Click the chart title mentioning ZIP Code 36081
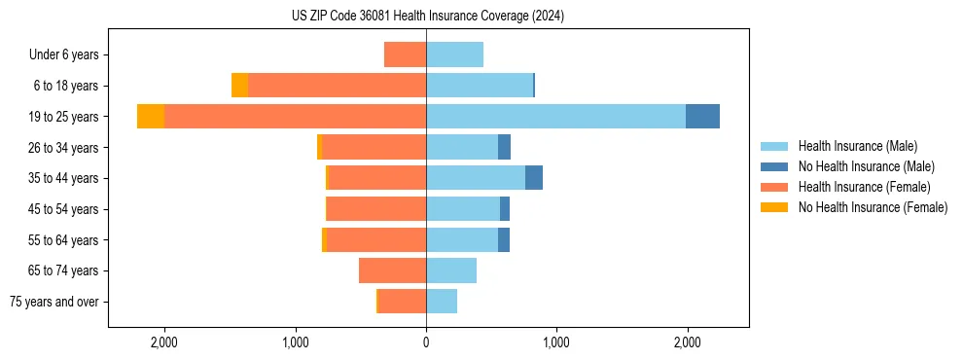pyautogui.click(x=427, y=17)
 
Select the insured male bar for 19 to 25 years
pyautogui.click(x=555, y=117)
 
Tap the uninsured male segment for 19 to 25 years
pyautogui.click(x=702, y=117)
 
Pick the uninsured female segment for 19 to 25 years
pyautogui.click(x=151, y=117)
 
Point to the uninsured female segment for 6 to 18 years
pyautogui.click(x=239, y=86)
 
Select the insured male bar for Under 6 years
pyautogui.click(x=454, y=54)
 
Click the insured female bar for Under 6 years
pyautogui.click(x=405, y=54)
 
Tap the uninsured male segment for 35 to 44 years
pyautogui.click(x=534, y=178)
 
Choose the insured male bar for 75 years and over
pyautogui.click(x=442, y=302)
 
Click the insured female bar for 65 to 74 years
pyautogui.click(x=392, y=270)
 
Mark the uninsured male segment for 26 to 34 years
pyautogui.click(x=504, y=147)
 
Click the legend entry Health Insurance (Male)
pyautogui.click(x=857, y=146)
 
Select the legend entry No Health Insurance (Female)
pyautogui.click(x=873, y=207)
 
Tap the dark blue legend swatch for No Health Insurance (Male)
pyautogui.click(x=774, y=166)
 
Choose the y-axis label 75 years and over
pyautogui.click(x=54, y=302)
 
